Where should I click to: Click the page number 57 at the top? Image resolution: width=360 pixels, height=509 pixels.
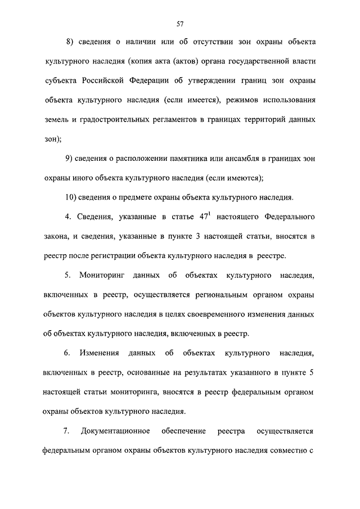[179, 24]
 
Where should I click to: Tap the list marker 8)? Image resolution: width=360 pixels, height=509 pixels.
[70, 42]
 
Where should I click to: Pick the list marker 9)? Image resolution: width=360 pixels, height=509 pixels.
[70, 159]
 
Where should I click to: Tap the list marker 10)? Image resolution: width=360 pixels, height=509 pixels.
[73, 197]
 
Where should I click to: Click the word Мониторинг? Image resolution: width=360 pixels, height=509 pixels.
[100, 276]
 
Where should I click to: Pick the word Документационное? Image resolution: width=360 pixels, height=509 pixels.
[115, 431]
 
